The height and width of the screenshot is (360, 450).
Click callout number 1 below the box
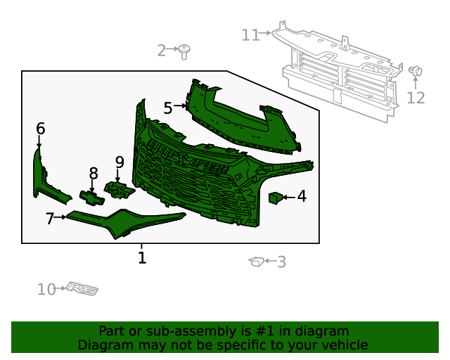point(142,258)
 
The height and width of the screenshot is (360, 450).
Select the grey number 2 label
point(162,50)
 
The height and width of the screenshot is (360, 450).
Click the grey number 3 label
point(281,262)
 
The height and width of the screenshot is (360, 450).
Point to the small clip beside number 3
point(256,262)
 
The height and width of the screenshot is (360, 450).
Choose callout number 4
point(302,196)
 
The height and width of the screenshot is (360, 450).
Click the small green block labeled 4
point(276,198)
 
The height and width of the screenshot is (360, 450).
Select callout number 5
point(167,108)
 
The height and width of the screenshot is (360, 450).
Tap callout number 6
point(40,129)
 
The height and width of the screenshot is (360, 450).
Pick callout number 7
point(49,219)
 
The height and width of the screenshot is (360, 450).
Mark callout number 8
point(94,173)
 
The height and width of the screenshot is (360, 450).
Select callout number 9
point(120,162)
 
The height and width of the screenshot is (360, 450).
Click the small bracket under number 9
point(117,188)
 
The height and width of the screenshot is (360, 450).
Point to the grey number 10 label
point(46,289)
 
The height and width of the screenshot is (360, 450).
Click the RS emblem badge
point(83,289)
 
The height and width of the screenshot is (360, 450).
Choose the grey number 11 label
point(250,34)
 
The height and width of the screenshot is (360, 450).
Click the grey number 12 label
point(416,98)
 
